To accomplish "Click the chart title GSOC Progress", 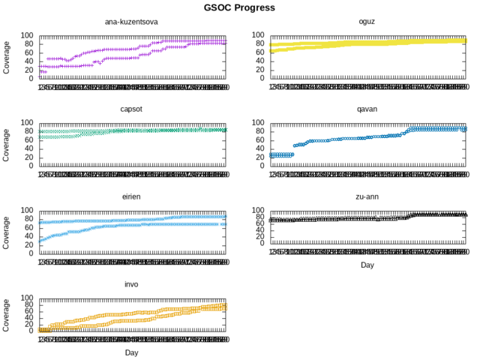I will [x=239, y=7].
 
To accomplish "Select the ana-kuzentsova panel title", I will [x=130, y=22].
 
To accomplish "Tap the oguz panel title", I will [x=367, y=22].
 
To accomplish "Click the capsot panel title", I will [x=130, y=109].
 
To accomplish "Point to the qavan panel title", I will [x=367, y=109].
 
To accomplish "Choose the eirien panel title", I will [x=130, y=196].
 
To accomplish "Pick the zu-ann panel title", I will [x=367, y=196].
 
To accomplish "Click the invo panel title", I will [x=130, y=284].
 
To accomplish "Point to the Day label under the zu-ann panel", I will [x=367, y=265].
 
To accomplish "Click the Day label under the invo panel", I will [x=130, y=352].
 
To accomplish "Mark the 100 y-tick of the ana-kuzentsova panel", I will [x=27, y=35].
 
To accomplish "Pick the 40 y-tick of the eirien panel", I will [x=29, y=236].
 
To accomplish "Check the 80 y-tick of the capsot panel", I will [x=29, y=131].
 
